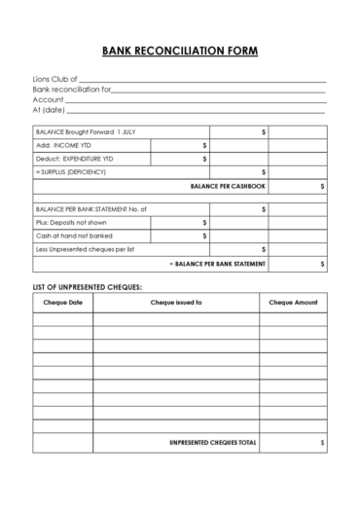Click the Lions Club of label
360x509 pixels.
[54, 79]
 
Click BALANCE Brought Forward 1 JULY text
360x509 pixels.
[83, 131]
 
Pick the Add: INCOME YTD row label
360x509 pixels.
[64, 145]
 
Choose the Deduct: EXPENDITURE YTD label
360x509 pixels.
[77, 158]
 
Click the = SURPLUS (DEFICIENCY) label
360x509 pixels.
[71, 171]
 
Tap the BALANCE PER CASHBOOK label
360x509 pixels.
[228, 185]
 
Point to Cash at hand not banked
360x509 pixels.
[74, 236]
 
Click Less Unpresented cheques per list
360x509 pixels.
[86, 249]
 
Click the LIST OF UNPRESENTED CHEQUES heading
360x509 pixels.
[88, 288]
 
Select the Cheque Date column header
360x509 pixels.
[63, 304]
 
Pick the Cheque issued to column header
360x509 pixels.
[176, 304]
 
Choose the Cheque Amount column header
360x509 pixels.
[294, 304]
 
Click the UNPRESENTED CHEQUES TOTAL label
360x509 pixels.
[213, 443]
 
